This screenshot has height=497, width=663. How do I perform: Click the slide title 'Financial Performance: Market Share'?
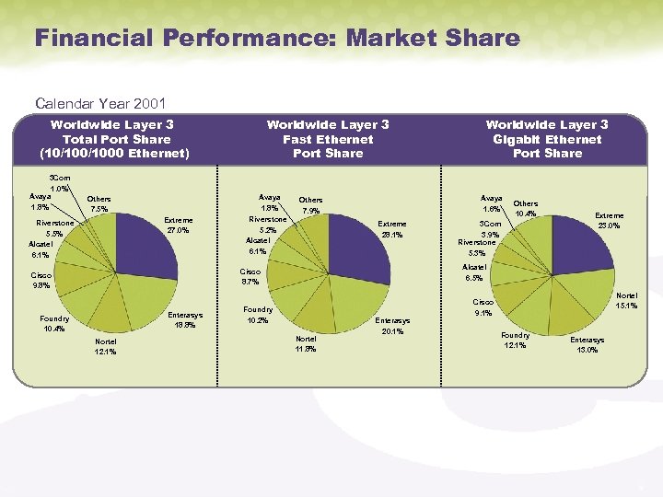tap(276, 39)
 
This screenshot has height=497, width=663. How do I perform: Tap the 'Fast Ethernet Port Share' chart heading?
tap(327, 139)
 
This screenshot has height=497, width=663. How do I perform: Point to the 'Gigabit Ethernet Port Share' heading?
tap(547, 139)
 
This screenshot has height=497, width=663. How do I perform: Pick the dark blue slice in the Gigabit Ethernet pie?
tap(579, 254)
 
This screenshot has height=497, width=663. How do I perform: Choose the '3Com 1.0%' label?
tap(60, 183)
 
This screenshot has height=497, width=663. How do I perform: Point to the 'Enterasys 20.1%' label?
tap(392, 326)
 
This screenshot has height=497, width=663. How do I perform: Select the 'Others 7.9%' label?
tap(311, 204)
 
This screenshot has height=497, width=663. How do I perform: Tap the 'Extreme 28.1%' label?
tap(392, 229)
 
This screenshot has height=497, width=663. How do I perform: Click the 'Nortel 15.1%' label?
tap(627, 300)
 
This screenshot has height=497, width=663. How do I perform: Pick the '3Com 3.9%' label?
tap(488, 229)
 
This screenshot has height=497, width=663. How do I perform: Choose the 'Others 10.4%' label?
tap(526, 209)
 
